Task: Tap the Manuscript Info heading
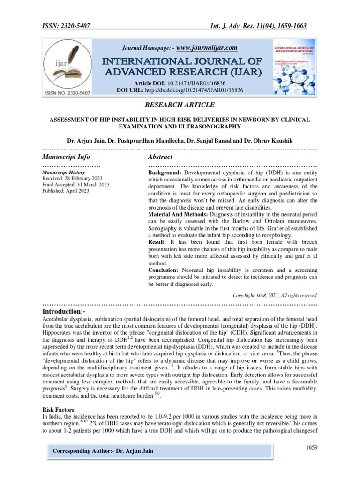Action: coord(66,157)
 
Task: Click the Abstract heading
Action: coord(160,157)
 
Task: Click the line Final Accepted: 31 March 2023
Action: coord(76,185)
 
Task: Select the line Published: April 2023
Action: coord(66,191)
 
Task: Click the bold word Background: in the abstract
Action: coord(165,172)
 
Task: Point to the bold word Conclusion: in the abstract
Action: coord(163,270)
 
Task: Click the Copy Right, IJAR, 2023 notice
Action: coord(275,295)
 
